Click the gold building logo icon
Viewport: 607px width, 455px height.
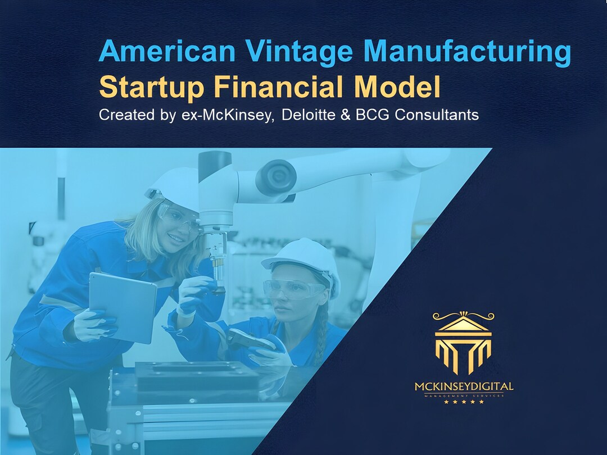click(x=463, y=342)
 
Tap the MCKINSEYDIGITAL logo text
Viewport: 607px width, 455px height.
click(x=464, y=386)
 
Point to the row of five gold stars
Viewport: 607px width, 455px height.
click(x=464, y=402)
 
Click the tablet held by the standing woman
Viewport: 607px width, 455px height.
click(x=123, y=306)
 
